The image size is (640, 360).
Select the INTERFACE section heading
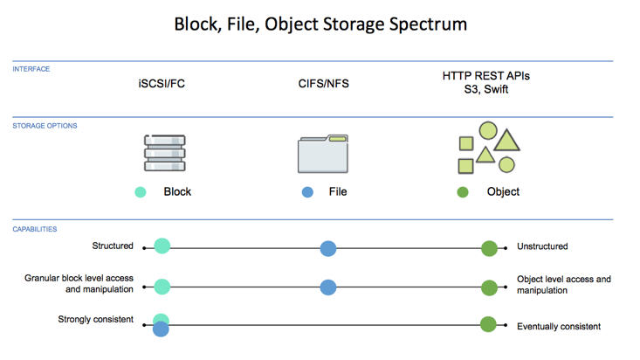31,69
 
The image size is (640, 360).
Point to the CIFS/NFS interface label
323,84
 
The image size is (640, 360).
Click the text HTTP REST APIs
485,76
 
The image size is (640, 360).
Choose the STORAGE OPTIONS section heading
45,126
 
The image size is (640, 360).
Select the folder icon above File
323,154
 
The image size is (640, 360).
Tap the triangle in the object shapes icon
507,140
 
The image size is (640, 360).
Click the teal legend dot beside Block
140,191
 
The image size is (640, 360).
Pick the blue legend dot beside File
307,191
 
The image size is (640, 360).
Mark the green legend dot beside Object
463,191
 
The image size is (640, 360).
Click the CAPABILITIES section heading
35,229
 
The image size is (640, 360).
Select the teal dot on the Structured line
162,246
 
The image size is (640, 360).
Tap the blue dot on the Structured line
327,248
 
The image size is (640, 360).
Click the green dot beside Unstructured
489,249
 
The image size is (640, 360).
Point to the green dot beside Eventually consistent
488,324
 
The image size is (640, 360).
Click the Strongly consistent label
95,320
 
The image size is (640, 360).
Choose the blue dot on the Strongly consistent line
161,329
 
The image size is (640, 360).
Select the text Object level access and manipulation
563,285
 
